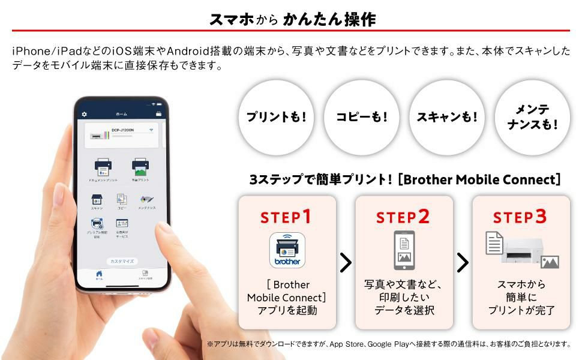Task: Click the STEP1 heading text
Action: tap(286, 217)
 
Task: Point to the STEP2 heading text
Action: tap(403, 217)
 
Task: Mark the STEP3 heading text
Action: tap(520, 217)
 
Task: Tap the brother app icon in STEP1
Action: tap(287, 250)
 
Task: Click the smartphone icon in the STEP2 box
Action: tap(404, 250)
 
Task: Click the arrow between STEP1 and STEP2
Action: tap(346, 262)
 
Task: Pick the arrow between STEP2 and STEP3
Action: tap(463, 262)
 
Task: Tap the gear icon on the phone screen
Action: tap(85, 114)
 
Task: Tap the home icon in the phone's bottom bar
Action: tap(99, 274)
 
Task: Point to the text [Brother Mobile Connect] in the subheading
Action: tap(479, 179)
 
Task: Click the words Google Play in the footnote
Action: tap(390, 344)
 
